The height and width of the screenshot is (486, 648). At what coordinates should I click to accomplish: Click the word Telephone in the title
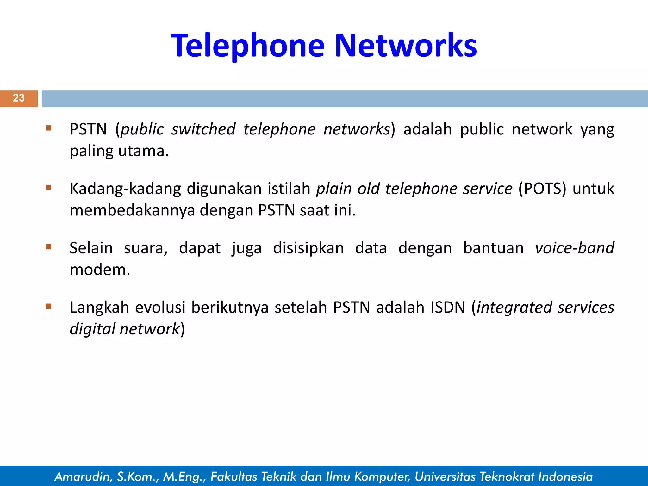247,46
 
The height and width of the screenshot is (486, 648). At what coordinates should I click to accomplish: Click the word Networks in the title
406,46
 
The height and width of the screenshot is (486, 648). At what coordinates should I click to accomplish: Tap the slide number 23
19,98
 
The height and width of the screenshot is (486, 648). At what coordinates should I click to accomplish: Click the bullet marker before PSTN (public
48,128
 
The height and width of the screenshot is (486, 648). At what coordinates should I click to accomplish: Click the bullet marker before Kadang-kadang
48,188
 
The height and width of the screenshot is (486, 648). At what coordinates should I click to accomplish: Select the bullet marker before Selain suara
48,247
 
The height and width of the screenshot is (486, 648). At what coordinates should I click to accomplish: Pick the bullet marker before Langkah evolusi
48,306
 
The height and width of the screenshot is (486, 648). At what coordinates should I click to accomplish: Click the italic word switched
203,129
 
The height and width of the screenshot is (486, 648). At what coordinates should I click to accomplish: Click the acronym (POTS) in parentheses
542,189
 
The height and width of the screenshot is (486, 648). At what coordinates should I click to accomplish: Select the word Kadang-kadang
125,189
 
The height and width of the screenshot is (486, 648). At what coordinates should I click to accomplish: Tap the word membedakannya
132,210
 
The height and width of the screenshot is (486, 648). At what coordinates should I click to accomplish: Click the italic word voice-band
574,248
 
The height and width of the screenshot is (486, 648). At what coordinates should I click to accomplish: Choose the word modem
100,270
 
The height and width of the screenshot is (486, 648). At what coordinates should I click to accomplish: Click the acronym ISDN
448,308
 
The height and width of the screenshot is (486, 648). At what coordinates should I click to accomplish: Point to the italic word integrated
514,308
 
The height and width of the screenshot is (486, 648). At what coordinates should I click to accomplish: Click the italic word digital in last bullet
92,329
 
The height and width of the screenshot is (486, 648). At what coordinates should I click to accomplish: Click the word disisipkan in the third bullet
308,248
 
